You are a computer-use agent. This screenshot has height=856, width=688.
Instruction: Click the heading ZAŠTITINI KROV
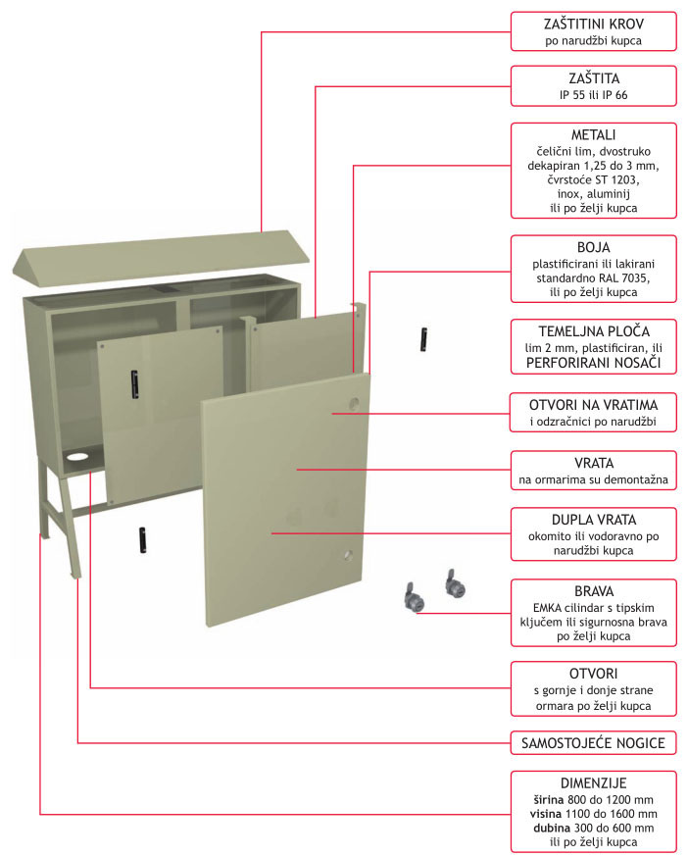point(594,23)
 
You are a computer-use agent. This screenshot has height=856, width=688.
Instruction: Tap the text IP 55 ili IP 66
point(594,95)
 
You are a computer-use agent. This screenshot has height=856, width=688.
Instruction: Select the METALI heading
point(594,134)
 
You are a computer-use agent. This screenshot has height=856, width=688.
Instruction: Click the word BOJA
point(594,247)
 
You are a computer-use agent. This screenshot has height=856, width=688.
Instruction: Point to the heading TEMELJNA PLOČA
point(594,330)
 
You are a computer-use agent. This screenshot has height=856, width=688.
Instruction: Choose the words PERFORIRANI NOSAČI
point(594,364)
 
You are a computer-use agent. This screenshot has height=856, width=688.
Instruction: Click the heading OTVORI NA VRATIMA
point(594,405)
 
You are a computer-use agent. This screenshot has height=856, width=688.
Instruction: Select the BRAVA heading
point(594,591)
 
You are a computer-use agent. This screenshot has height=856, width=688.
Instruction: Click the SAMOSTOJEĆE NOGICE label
point(594,744)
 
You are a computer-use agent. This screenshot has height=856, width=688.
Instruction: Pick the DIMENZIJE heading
point(594,783)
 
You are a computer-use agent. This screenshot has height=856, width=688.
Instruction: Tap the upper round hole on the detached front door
point(354,403)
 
